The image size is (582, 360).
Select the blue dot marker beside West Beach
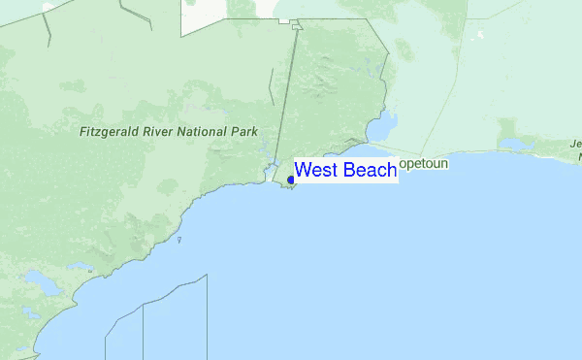[291, 180]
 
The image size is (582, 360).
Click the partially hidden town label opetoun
[424, 164]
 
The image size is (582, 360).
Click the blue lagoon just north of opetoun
[384, 125]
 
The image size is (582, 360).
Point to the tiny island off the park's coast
[179, 240]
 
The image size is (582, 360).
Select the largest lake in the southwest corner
[44, 284]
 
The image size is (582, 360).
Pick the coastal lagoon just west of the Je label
[511, 145]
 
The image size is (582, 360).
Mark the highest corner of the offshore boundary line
[207, 275]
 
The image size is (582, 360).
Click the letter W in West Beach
[303, 171]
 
